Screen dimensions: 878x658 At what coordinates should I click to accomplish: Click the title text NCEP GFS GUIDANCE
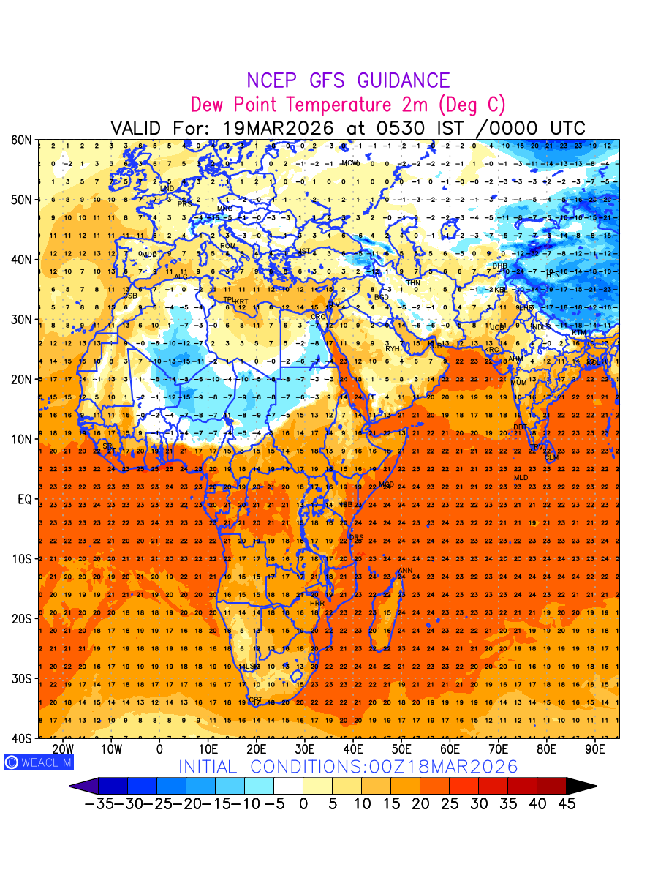tap(348, 80)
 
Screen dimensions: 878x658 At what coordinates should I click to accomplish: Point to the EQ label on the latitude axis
tap(23, 499)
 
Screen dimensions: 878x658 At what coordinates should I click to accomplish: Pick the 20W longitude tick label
tap(63, 749)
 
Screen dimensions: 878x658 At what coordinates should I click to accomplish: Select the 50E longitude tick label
tap(401, 749)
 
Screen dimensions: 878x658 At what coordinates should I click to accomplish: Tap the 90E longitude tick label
tap(595, 749)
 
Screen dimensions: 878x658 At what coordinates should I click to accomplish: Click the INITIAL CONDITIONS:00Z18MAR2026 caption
tap(348, 767)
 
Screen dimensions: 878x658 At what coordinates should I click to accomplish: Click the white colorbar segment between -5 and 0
tap(288, 787)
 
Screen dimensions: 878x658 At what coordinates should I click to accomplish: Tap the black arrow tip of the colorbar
tap(582, 787)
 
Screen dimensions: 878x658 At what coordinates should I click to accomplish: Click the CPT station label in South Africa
tap(255, 700)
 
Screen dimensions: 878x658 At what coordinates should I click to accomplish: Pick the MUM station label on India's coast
tap(518, 383)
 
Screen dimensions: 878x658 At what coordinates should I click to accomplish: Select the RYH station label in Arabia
tap(393, 349)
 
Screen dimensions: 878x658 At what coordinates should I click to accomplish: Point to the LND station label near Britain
tap(167, 189)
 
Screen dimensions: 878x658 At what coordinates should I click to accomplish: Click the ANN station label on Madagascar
tap(404, 571)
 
